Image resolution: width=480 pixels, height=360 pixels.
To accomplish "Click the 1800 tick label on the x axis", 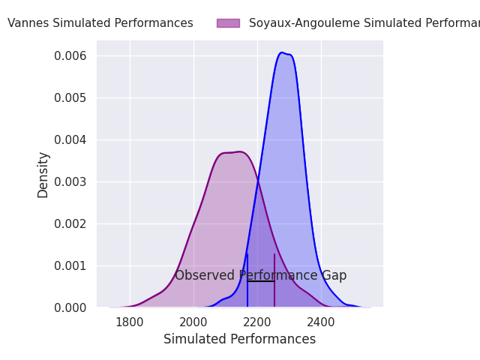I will pyautogui.click(x=130, y=322).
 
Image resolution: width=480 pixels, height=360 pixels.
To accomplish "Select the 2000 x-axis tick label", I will pyautogui.click(x=193, y=322).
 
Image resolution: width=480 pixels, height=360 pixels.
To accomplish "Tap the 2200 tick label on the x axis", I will pyautogui.click(x=257, y=322).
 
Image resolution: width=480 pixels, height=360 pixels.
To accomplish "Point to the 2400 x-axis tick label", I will pyautogui.click(x=321, y=322).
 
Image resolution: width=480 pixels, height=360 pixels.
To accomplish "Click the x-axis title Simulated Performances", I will pyautogui.click(x=239, y=339).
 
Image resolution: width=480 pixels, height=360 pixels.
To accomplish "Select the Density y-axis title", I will pyautogui.click(x=43, y=175).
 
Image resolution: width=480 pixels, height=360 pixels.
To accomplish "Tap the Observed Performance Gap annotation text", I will pyautogui.click(x=260, y=275).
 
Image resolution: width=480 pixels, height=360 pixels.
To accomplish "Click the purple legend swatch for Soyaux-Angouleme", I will pyautogui.click(x=228, y=23).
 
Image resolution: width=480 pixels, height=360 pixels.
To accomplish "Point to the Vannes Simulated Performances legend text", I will pyautogui.click(x=100, y=23).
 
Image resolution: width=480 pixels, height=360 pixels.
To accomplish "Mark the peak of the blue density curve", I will pyautogui.click(x=282, y=52).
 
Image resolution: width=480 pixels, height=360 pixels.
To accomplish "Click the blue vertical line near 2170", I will pyautogui.click(x=247, y=289).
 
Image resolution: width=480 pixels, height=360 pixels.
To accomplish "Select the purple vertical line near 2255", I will pyautogui.click(x=274, y=289).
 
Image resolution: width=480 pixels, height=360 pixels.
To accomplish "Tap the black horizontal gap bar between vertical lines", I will pyautogui.click(x=261, y=281).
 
